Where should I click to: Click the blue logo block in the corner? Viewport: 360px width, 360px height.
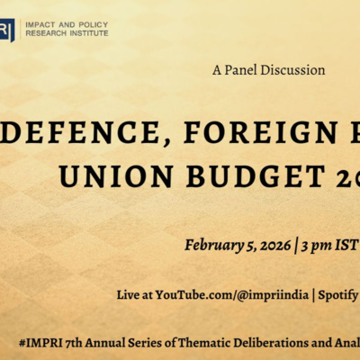[x=7, y=28]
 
